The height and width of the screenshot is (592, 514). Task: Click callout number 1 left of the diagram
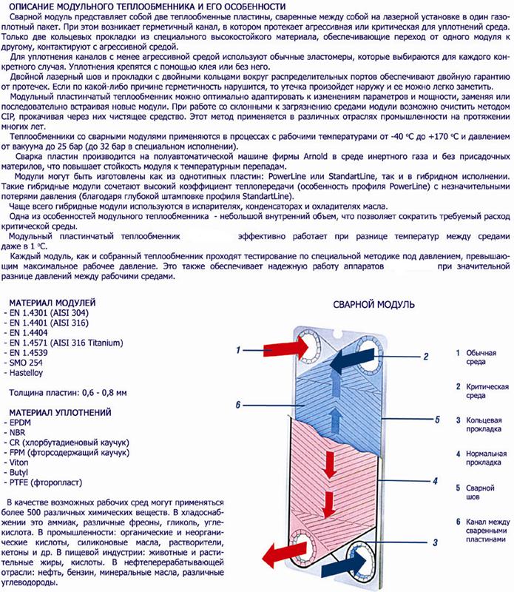click(x=239, y=349)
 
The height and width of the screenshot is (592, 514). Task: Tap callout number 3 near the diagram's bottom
click(x=416, y=542)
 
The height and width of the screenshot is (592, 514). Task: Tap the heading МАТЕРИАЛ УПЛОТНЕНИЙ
click(x=58, y=411)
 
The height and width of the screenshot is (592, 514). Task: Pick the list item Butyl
click(x=23, y=471)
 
